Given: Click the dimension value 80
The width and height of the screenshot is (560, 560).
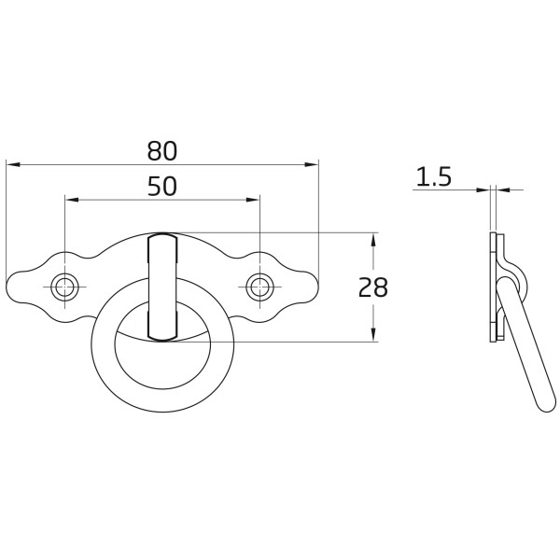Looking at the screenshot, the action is (x=161, y=150).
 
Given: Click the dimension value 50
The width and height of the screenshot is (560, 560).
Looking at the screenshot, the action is (x=162, y=186).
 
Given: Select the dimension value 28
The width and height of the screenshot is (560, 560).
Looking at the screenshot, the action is (x=372, y=287).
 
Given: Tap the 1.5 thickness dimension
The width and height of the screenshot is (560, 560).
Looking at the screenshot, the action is (x=434, y=176).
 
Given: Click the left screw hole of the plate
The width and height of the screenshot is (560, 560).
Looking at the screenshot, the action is (x=64, y=287).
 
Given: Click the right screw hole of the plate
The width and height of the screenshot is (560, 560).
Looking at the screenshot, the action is (x=259, y=287).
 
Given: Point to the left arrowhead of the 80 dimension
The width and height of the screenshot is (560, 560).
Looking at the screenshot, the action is (x=13, y=164).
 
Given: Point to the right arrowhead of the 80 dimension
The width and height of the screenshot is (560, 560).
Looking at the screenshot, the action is (x=311, y=164).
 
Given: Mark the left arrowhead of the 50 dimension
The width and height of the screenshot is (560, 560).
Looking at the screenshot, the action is (x=71, y=200).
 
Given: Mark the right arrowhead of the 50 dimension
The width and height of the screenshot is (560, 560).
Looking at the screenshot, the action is (x=253, y=200).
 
